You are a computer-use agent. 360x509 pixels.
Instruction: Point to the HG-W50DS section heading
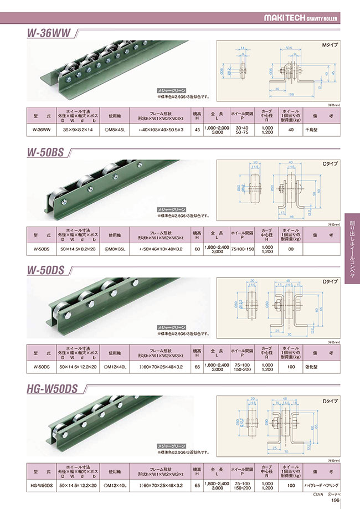coord(53,390)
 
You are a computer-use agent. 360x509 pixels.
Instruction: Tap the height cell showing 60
coord(196,249)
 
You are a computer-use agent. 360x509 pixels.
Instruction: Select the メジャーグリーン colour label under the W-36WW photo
coord(172,90)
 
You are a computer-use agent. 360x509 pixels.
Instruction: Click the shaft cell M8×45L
coord(116,130)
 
